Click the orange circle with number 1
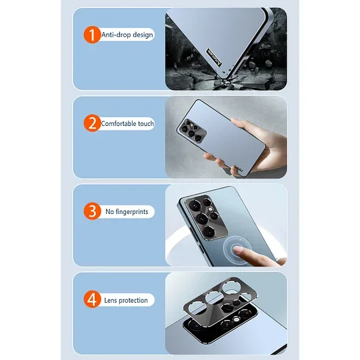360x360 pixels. (90, 34)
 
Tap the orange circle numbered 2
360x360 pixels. (90, 123)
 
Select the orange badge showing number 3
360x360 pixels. (90, 212)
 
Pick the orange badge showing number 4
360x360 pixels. (90, 300)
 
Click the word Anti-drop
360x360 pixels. (116, 35)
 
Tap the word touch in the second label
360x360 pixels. (147, 124)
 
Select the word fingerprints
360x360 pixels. (132, 213)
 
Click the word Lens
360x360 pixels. (111, 301)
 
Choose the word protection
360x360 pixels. (135, 301)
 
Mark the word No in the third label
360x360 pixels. (109, 213)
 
